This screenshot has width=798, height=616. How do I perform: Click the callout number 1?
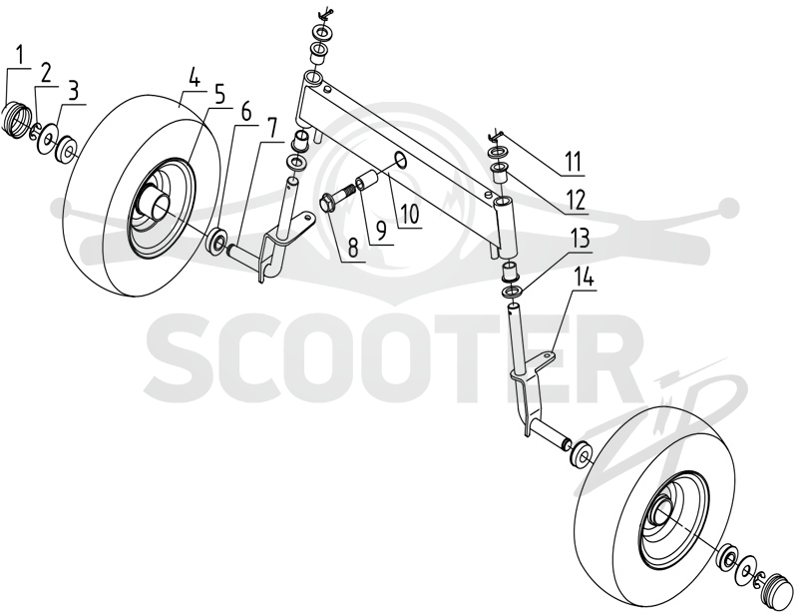(19, 55)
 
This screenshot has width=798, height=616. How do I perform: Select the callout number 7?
(271, 127)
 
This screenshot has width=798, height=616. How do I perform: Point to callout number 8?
(353, 246)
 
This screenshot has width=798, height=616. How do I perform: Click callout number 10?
(410, 214)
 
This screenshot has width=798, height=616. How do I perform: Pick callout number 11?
(572, 162)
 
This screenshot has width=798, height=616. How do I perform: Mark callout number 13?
(579, 238)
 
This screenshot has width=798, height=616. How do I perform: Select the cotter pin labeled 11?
(496, 135)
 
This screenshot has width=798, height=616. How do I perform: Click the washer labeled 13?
(513, 293)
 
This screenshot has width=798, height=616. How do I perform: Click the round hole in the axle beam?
(400, 160)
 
